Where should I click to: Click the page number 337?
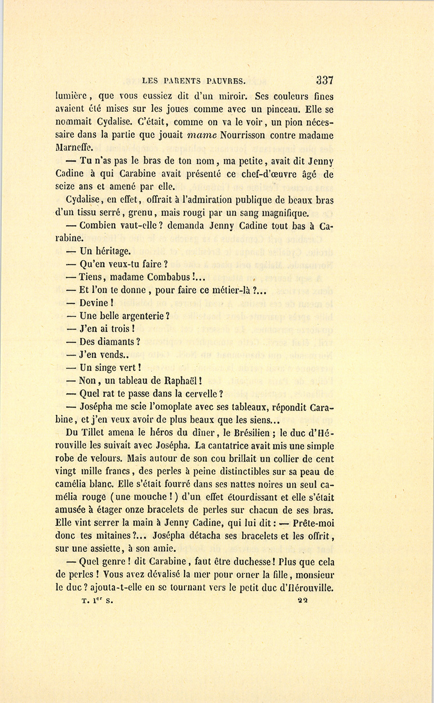click(325, 80)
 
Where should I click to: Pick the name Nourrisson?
click(243, 135)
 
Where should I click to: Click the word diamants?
click(117, 342)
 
